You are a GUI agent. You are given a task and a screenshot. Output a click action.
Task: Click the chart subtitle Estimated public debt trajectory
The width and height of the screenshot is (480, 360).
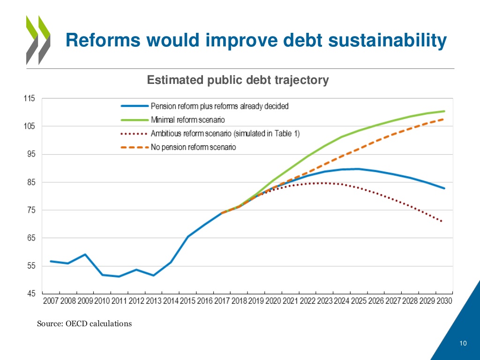(238, 80)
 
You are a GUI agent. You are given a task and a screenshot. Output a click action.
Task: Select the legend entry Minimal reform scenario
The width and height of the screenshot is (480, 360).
(187, 120)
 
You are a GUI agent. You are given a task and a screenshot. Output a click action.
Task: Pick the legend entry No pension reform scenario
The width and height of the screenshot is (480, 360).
(193, 147)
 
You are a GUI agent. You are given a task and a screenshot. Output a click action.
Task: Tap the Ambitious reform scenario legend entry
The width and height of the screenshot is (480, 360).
(225, 134)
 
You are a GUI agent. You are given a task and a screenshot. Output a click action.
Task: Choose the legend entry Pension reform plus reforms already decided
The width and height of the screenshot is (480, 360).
(219, 106)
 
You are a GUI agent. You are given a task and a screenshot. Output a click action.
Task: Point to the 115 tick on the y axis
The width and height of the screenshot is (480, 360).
(29, 98)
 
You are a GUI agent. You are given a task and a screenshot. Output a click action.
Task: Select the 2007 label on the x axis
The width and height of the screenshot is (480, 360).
(51, 301)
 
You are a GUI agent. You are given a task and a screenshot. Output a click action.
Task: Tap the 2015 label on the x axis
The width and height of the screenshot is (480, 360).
(187, 301)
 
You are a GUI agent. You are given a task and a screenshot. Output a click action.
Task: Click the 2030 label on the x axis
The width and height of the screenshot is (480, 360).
(443, 301)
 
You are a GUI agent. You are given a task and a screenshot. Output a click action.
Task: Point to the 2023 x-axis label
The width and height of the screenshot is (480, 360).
(324, 301)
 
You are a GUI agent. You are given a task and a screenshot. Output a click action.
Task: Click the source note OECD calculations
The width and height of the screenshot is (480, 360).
(84, 323)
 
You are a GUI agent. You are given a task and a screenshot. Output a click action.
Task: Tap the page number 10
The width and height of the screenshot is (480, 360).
(463, 344)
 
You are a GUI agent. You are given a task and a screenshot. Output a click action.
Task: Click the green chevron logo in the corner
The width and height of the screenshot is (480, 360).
(37, 40)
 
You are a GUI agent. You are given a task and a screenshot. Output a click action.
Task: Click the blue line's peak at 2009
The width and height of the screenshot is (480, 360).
(85, 255)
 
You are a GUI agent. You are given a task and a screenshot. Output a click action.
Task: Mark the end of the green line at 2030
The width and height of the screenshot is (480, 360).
(444, 111)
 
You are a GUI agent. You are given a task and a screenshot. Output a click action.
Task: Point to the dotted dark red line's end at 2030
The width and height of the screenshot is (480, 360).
(442, 221)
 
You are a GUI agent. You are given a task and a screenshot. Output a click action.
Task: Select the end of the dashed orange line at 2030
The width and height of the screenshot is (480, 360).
(443, 119)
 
